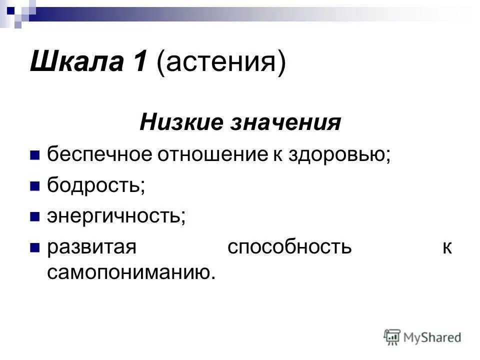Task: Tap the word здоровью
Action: tap(338, 154)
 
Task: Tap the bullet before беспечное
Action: tap(35, 155)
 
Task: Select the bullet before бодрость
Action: tap(35, 186)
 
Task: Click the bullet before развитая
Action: tap(35, 248)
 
